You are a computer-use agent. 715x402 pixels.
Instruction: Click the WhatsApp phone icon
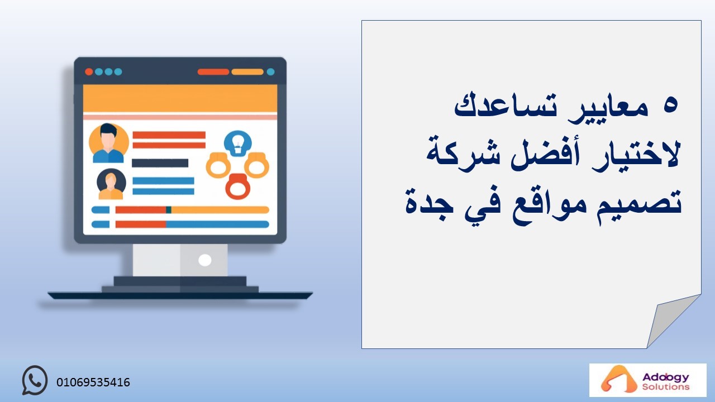pyautogui.click(x=35, y=380)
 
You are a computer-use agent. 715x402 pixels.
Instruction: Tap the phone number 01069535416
pyautogui.click(x=93, y=382)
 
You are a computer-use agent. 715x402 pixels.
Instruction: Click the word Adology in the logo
pyautogui.click(x=666, y=378)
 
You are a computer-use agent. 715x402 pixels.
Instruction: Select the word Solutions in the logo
pyautogui.click(x=666, y=387)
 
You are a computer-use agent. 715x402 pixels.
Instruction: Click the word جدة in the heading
pyautogui.click(x=430, y=204)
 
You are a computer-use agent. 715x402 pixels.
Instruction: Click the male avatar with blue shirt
pyautogui.click(x=108, y=143)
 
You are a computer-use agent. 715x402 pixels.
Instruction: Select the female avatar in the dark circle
pyautogui.click(x=111, y=184)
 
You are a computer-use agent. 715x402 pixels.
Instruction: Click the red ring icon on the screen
pyautogui.click(x=238, y=186)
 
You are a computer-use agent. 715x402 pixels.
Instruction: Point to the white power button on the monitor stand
pyautogui.click(x=204, y=260)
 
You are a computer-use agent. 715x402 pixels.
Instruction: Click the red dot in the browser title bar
pyautogui.click(x=89, y=71)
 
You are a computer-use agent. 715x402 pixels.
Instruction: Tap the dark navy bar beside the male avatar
pyautogui.click(x=160, y=163)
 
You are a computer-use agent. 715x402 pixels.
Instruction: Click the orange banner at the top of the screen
pyautogui.click(x=180, y=98)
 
